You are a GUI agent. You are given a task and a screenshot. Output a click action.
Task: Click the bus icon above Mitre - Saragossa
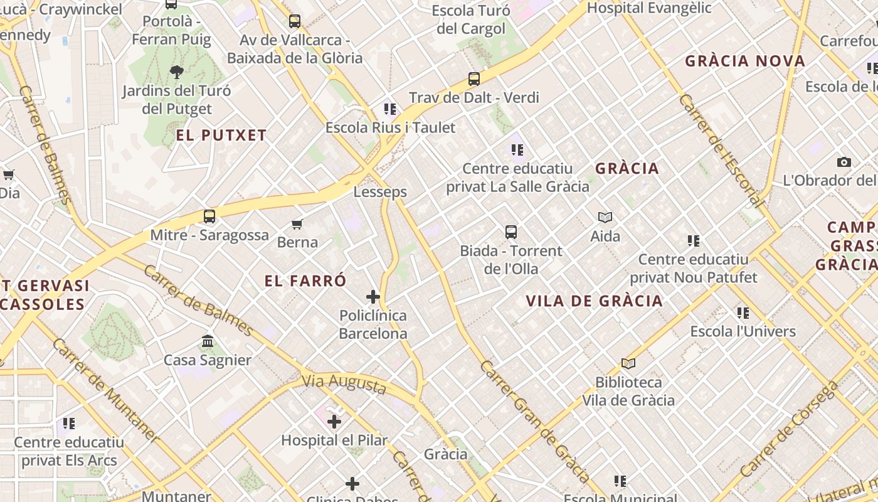(x=209, y=216)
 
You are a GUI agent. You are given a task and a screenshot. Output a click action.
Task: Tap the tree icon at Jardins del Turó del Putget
(x=177, y=72)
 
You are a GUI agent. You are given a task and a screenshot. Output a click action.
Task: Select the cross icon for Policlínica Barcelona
(x=373, y=296)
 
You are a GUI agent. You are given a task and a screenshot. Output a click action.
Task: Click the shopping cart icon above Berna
(x=297, y=224)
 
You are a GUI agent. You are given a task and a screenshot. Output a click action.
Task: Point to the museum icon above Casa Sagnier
(x=208, y=341)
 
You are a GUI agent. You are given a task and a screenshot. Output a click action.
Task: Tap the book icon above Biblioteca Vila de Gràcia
(x=628, y=363)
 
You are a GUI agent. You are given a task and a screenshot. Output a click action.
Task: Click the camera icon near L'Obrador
(x=844, y=162)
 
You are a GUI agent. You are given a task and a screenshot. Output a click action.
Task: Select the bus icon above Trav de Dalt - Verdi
(x=474, y=79)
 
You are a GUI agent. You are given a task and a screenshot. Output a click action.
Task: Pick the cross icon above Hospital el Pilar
(x=334, y=421)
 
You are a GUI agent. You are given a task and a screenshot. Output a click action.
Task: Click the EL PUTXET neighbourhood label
(x=221, y=135)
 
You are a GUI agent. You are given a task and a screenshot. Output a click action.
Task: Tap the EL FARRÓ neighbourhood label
(x=305, y=280)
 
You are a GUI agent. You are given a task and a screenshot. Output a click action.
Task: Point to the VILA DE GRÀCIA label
(x=595, y=301)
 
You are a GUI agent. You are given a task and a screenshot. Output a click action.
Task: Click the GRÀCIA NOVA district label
(x=745, y=61)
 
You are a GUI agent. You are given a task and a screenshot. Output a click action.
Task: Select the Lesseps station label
(x=380, y=192)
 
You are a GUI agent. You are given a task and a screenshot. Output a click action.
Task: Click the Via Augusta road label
(x=344, y=383)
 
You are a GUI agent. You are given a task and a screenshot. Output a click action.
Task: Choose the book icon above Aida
(x=605, y=217)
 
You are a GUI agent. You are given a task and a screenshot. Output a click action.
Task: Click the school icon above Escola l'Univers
(x=743, y=312)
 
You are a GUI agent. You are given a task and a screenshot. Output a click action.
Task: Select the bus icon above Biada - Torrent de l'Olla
(x=511, y=232)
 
